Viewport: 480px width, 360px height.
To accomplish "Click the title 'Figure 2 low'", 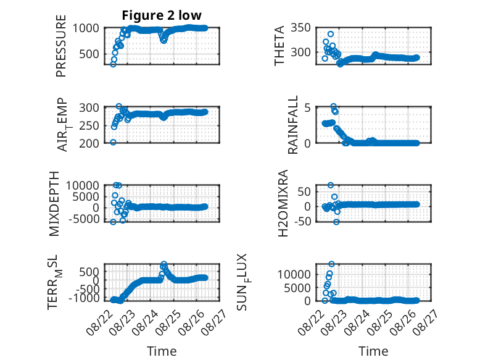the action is point(162,15).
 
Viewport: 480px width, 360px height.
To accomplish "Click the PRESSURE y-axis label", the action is point(61,46).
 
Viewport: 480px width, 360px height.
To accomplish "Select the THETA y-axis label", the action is point(279,46).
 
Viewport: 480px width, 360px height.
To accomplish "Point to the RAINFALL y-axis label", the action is point(292,125).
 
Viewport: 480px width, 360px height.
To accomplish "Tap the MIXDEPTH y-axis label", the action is point(54,204).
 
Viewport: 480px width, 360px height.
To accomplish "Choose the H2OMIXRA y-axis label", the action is point(283,203).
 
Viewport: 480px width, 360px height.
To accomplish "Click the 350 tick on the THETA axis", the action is point(300,28).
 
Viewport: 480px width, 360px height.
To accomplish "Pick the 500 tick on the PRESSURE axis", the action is point(89,54).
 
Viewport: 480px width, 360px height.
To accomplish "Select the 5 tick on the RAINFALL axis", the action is point(307,108).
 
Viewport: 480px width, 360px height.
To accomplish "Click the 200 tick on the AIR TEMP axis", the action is point(89,143).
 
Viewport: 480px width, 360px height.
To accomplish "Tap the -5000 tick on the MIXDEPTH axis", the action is point(84,219).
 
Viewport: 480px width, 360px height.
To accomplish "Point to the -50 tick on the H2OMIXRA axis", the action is point(302,221).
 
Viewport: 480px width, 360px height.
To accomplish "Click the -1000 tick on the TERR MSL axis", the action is point(84,298).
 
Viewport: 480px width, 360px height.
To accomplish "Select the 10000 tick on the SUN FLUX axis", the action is point(294,274).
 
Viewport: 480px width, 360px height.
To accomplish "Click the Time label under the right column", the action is point(373,351).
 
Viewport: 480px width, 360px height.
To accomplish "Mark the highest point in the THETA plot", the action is point(330,34).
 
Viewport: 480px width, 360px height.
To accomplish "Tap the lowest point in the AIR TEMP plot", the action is point(113,142).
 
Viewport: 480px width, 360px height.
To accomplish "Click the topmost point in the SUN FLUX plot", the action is point(331,264).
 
